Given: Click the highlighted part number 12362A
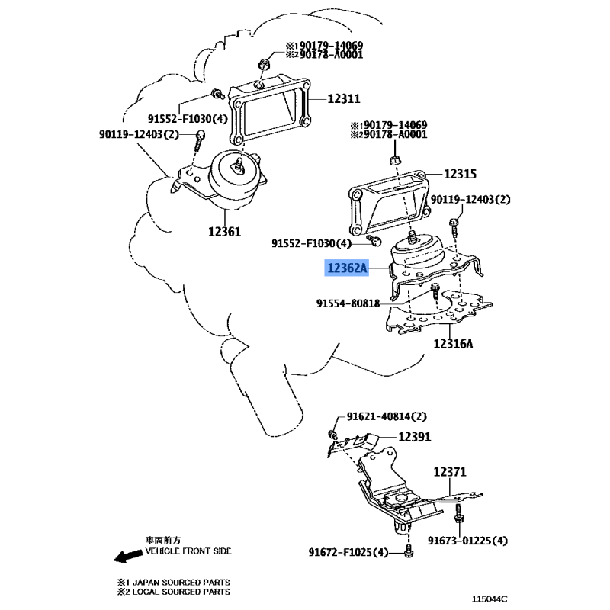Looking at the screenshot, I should (x=348, y=268).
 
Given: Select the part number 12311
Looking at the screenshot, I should (x=344, y=98).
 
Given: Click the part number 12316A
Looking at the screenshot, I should (x=454, y=344).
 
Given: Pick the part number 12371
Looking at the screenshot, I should (x=450, y=473).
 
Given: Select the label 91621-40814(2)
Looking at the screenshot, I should (x=387, y=416).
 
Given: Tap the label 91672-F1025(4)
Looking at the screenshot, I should (x=349, y=552).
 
